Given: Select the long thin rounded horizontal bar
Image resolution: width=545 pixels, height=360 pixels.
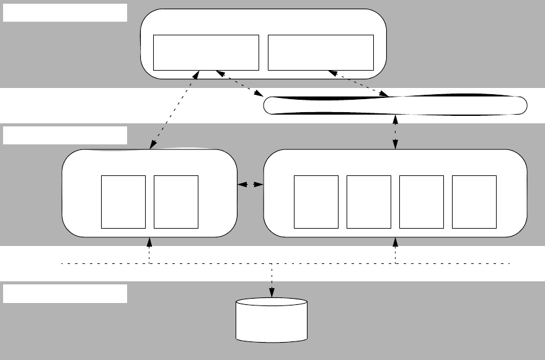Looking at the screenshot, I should (396, 106).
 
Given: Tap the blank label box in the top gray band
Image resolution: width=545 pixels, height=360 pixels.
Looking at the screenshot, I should (65, 13).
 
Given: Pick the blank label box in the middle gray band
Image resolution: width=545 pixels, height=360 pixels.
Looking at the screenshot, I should (65, 135).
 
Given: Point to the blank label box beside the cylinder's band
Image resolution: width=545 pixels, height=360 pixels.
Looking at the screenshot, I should (65, 294).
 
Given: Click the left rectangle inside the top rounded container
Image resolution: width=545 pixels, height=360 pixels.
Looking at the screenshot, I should (205, 53).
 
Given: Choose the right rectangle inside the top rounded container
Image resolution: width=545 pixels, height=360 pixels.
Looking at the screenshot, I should (321, 53).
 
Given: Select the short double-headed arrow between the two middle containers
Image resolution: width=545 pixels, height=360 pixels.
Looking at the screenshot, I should (250, 185).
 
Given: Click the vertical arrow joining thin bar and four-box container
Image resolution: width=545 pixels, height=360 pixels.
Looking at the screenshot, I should (396, 132).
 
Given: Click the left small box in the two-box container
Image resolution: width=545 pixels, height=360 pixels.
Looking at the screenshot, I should (123, 201).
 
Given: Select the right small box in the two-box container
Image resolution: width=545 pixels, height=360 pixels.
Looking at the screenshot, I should (176, 201).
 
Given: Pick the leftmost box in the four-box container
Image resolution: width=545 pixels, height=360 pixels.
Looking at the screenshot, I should (316, 201).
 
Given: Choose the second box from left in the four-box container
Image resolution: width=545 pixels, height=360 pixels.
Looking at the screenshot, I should (369, 201).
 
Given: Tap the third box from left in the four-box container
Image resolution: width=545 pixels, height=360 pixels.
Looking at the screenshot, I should (422, 201).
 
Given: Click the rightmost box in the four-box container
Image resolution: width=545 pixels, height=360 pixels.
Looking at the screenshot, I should (474, 201).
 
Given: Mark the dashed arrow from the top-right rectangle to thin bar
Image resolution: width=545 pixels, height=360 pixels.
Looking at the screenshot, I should (359, 84).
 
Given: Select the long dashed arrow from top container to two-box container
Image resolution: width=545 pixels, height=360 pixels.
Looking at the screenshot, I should (174, 110).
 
